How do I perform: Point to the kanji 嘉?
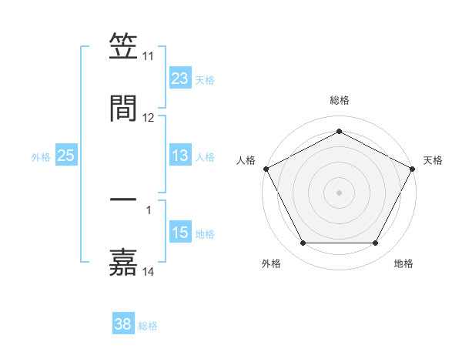tap(123, 260)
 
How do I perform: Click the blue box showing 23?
tap(179, 79)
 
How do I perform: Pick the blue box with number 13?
tap(179, 156)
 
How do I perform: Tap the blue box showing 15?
tap(179, 233)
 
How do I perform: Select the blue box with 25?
tap(66, 156)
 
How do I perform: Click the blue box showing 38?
tap(123, 325)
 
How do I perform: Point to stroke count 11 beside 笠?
tap(149, 57)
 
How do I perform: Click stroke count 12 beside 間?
tap(149, 118)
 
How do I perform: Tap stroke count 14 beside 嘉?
tap(149, 272)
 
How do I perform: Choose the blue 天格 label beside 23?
tap(205, 79)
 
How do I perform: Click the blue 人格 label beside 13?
tap(205, 157)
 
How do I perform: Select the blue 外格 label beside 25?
tap(41, 157)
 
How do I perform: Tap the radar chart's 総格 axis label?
tap(339, 100)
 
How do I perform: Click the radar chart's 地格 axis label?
tap(403, 263)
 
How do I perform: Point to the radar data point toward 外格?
tap(303, 243)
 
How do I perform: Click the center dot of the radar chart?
tap(339, 192)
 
